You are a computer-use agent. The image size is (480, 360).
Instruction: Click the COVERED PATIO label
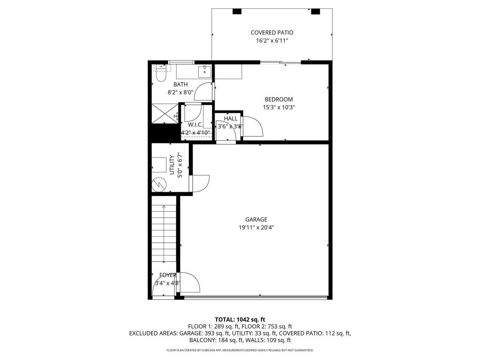272,33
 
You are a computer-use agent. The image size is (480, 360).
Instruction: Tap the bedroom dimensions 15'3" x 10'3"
279,107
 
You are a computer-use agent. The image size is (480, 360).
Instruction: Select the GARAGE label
256,219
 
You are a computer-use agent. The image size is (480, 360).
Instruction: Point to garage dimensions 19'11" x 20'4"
256,228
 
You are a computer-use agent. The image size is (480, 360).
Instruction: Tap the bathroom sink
204,71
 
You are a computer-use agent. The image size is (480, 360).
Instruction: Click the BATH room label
180,84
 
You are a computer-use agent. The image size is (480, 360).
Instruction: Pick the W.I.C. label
195,125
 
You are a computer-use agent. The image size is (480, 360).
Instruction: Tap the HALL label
231,119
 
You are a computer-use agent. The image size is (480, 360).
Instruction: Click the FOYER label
168,275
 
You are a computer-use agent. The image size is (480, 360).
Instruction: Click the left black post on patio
237,11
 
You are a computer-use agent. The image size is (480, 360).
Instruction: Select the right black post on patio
315,11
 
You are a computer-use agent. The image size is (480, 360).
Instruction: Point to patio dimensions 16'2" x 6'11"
272,41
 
